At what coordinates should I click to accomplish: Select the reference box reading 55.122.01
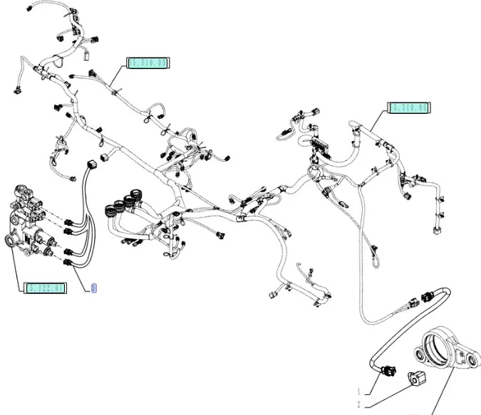click(x=45, y=288)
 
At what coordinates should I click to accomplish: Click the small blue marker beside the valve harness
click(x=93, y=288)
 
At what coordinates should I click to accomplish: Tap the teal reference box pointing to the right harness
click(x=408, y=108)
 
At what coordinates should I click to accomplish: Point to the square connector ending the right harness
click(x=434, y=228)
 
